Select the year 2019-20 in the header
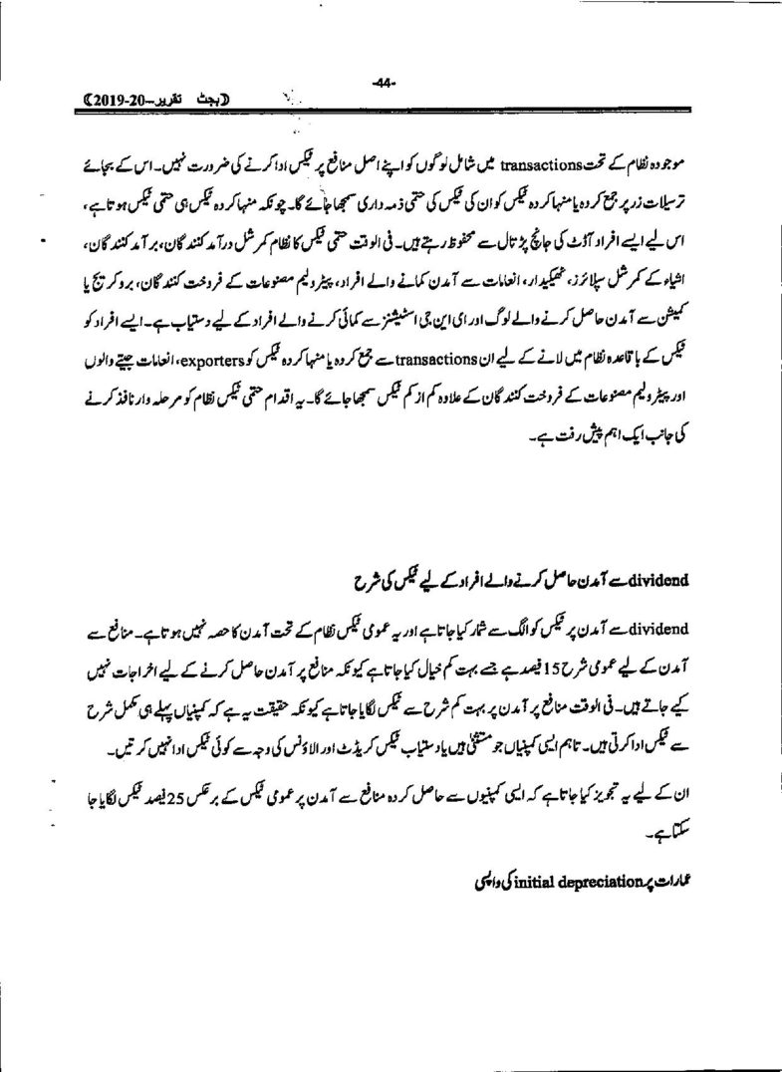[x=123, y=101]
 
